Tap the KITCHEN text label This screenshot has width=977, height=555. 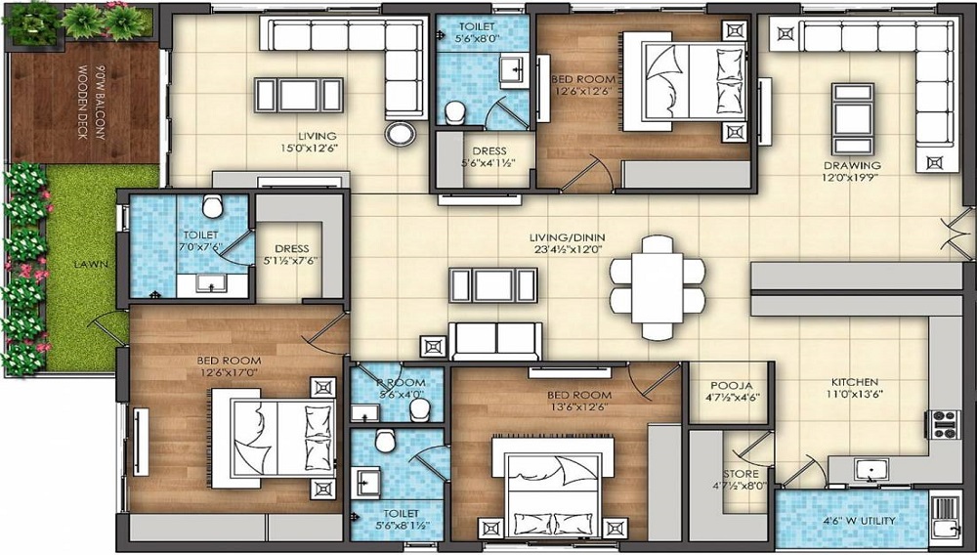tap(855, 382)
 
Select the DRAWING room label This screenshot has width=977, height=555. tap(851, 165)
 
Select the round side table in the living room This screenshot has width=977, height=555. tap(400, 134)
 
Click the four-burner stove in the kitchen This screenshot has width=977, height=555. tap(944, 423)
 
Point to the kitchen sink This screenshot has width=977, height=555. tap(868, 470)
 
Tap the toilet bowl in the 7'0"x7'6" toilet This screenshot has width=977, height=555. tap(211, 206)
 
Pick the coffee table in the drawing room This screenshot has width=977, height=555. tap(845, 107)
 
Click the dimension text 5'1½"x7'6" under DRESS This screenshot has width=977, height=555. tap(291, 260)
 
